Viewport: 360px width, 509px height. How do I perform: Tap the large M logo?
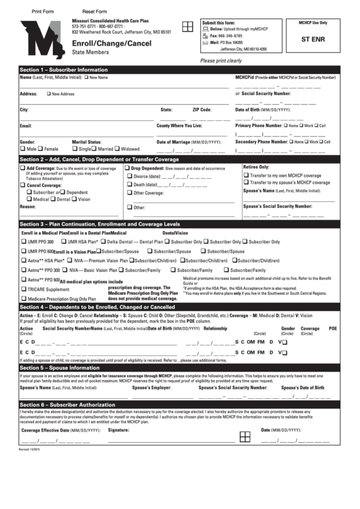click(41, 40)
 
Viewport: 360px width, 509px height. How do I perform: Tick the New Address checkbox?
click(49, 94)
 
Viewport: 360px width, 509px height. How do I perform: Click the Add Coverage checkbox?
click(23, 167)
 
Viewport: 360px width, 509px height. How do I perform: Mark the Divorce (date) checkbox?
click(128, 176)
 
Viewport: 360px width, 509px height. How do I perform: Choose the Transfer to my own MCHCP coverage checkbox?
click(247, 175)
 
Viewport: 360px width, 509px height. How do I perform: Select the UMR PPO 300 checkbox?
click(24, 241)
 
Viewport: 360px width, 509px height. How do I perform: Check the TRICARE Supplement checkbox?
click(24, 289)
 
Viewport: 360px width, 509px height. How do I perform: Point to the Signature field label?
click(118, 431)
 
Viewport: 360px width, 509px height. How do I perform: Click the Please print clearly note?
click(221, 60)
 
